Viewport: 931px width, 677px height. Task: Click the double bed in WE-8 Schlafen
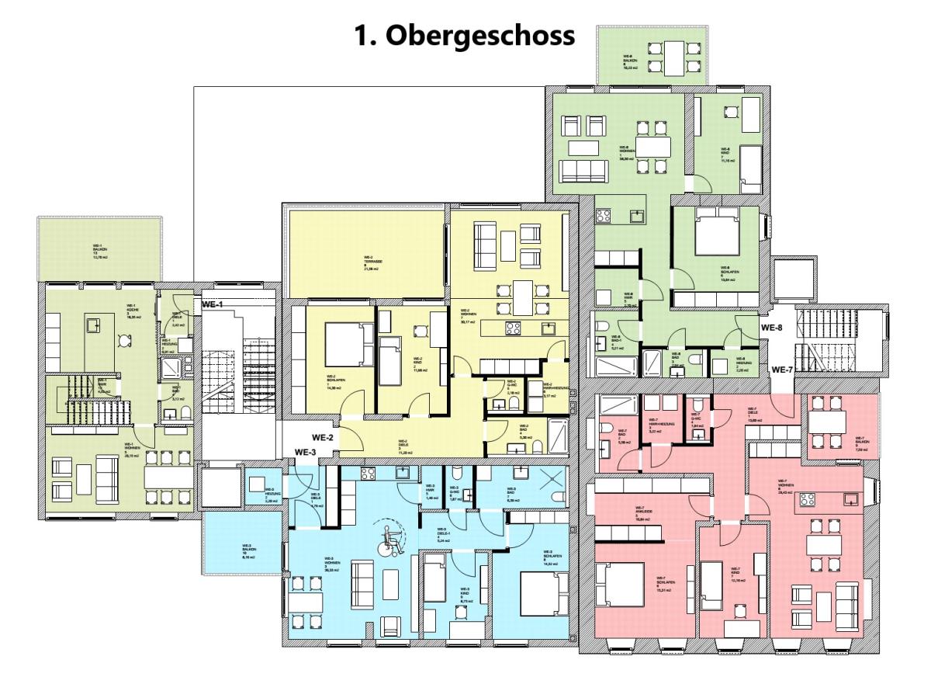[x=719, y=230]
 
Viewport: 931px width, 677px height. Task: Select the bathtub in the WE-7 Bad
[x=620, y=405]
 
